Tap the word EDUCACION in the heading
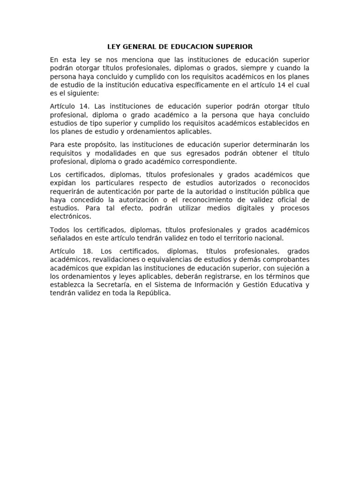(190, 47)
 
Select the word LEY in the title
(114, 47)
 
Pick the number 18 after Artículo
(87, 251)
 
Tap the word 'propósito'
(99, 144)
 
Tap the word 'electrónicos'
(70, 217)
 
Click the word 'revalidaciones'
(114, 260)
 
